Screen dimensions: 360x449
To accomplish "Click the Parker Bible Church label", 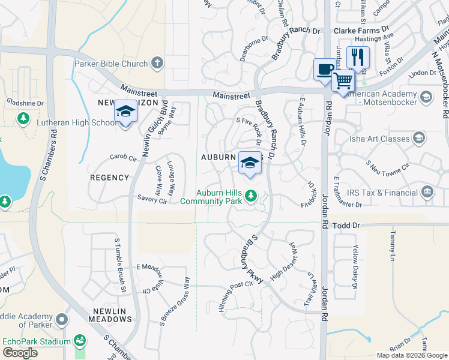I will tap(110, 64).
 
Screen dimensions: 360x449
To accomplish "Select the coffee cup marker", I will tap(324, 70).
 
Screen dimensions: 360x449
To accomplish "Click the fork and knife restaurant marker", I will tap(358, 58).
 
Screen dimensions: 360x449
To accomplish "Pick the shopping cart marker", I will tap(343, 80).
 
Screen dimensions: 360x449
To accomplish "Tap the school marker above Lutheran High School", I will tap(125, 112).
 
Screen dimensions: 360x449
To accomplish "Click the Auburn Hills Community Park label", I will tap(219, 197).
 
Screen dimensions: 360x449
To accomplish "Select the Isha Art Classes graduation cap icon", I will tap(418, 139).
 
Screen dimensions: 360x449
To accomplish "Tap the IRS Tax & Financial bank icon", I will tap(427, 192).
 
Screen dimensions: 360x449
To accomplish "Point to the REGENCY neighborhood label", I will tap(109, 178).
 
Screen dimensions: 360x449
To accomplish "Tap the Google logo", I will tap(20, 353).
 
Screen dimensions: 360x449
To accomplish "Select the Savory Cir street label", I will tap(151, 200).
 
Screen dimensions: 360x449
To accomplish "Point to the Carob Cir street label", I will tap(123, 157).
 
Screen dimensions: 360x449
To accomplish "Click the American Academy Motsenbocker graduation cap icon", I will tap(426, 96).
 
